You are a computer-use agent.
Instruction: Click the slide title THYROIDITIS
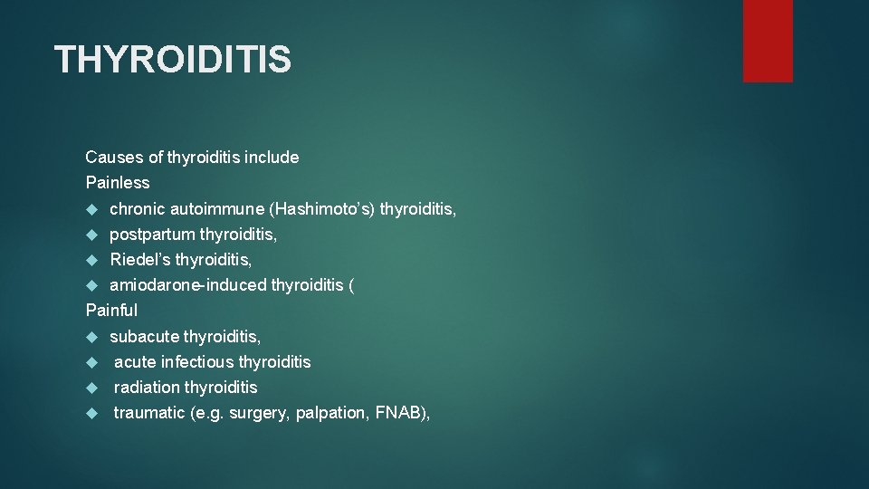pyautogui.click(x=173, y=60)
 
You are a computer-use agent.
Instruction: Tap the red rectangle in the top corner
pyautogui.click(x=768, y=41)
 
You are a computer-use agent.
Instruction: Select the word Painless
pyautogui.click(x=118, y=182)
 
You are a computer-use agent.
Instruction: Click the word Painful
pyautogui.click(x=111, y=310)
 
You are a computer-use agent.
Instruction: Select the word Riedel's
pyautogui.click(x=140, y=260)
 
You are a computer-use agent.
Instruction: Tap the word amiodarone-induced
pyautogui.click(x=188, y=285)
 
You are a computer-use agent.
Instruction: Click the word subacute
pyautogui.click(x=144, y=337)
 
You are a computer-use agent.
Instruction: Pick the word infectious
pyautogui.click(x=198, y=362)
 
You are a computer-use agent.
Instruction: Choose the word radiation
pyautogui.click(x=147, y=388)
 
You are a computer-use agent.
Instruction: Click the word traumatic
pyautogui.click(x=149, y=413)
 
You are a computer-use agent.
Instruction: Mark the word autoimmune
pyautogui.click(x=217, y=209)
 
